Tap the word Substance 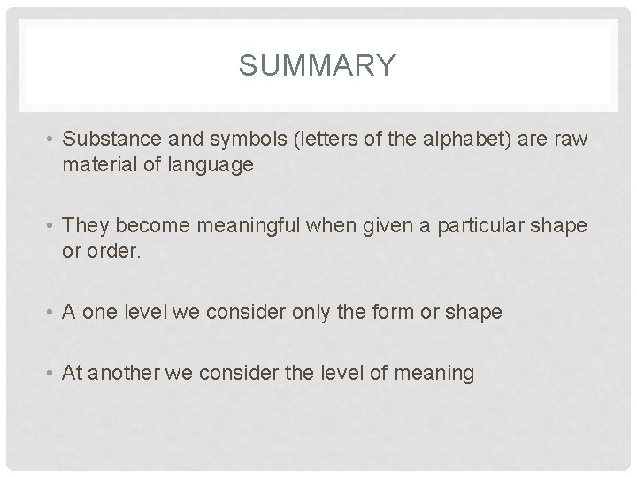tap(104, 140)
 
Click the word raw tap(570, 140)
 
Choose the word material tap(94, 163)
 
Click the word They tap(85, 225)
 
